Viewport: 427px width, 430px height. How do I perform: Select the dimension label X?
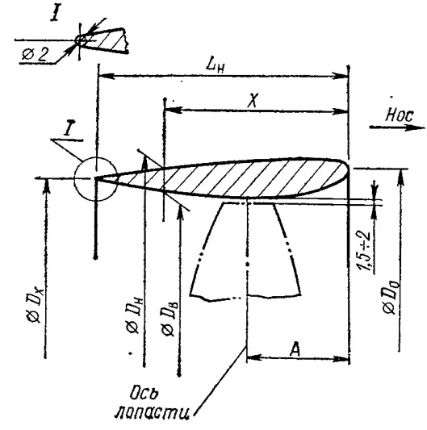click(253, 100)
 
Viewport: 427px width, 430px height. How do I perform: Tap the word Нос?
click(400, 115)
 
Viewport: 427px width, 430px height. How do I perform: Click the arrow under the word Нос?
click(397, 127)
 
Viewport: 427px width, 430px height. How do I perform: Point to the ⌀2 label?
click(36, 55)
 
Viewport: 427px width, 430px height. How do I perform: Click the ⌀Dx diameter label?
click(36, 303)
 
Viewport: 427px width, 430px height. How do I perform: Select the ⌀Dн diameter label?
click(134, 315)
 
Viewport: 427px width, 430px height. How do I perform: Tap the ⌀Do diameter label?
click(391, 297)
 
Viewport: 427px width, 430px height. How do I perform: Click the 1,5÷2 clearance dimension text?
click(364, 251)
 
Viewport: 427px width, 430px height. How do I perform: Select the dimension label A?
click(295, 349)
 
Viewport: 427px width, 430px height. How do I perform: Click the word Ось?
click(144, 394)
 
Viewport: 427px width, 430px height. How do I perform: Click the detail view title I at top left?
click(55, 14)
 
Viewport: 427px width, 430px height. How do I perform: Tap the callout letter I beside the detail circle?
click(68, 129)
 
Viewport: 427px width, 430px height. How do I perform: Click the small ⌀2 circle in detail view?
click(81, 40)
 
